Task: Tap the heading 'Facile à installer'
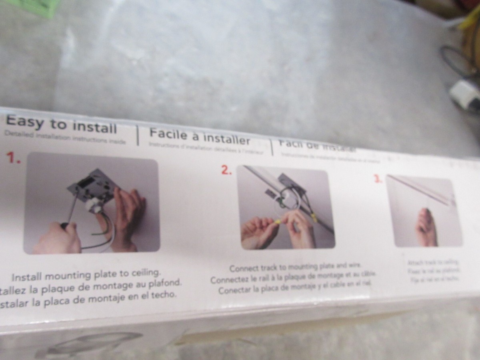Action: (x=199, y=136)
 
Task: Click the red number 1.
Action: (x=14, y=158)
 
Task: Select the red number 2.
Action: (x=226, y=170)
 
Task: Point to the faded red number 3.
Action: (x=378, y=179)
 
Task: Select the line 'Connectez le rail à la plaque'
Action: (x=294, y=278)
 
